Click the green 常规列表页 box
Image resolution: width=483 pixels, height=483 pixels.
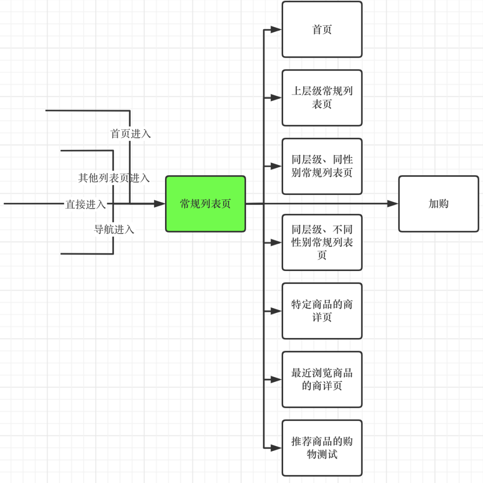point(205,204)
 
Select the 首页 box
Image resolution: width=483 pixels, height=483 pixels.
point(322,30)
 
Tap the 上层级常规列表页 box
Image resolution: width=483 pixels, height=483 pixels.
point(322,98)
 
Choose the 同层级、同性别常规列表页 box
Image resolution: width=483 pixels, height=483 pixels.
point(322,166)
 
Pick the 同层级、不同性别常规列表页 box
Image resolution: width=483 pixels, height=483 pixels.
point(322,242)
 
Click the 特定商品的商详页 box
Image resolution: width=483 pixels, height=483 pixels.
point(322,311)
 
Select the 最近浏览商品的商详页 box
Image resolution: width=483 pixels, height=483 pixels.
point(322,380)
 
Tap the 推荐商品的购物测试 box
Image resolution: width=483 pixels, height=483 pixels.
point(322,448)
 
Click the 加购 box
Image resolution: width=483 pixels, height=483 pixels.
point(439,204)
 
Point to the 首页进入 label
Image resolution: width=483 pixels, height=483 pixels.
point(131,134)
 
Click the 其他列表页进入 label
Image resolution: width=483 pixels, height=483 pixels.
point(114,178)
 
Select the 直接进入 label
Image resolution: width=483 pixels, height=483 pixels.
point(85,204)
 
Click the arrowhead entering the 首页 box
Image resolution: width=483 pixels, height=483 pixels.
point(276,30)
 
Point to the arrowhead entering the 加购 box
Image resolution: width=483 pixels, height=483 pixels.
point(393,203)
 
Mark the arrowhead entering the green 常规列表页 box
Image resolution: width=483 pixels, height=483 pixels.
point(160,203)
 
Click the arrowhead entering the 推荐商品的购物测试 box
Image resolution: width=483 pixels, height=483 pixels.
point(276,448)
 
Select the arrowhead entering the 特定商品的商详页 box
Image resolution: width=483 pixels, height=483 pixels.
point(276,311)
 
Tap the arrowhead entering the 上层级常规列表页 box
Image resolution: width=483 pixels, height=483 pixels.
point(276,98)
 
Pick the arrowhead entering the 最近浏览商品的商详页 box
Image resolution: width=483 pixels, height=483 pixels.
point(276,380)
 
